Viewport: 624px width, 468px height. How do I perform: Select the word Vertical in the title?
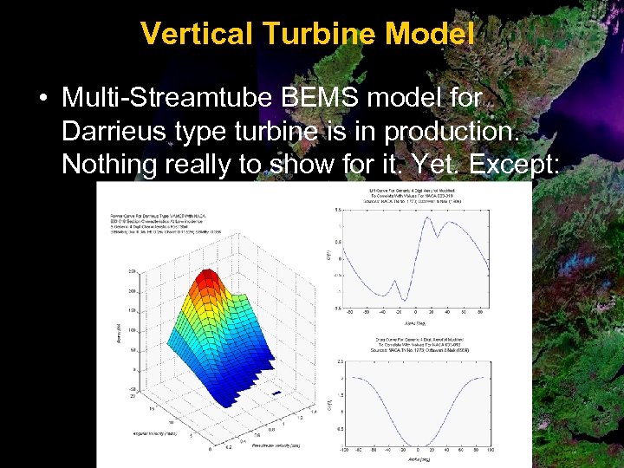coord(194,34)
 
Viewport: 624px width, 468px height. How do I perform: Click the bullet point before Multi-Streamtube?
coord(42,98)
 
